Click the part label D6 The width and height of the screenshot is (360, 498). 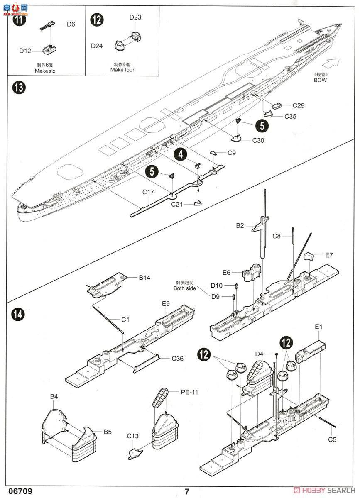[71, 24]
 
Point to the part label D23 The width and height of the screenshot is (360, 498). [135, 17]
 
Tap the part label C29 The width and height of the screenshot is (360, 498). [298, 105]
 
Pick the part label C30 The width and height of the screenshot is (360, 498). [258, 140]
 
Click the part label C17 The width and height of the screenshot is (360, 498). [148, 192]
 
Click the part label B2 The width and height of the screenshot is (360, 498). [240, 225]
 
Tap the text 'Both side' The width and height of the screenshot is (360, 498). [185, 288]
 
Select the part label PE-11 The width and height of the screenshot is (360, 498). [188, 391]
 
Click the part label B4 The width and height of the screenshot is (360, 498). [54, 397]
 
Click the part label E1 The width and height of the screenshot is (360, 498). [318, 327]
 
